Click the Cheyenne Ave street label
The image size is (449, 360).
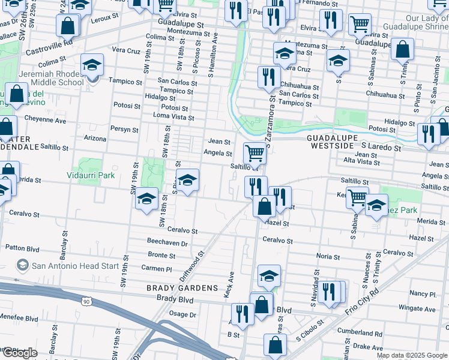[x=45, y=120]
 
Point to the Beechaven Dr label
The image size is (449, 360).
[x=167, y=244]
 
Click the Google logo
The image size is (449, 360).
[x=20, y=353]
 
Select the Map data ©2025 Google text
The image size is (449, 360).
[x=411, y=355]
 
